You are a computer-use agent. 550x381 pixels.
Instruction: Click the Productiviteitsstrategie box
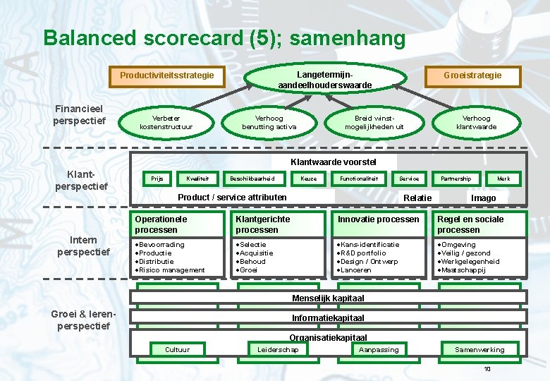point(167,75)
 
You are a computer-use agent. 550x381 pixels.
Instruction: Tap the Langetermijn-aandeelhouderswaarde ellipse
point(325,80)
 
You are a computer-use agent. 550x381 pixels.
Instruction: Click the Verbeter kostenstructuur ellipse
point(166,123)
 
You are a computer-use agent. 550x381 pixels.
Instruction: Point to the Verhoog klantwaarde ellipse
point(477,123)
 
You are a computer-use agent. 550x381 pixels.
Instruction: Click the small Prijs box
point(157,179)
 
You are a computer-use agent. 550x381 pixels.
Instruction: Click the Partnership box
point(456,179)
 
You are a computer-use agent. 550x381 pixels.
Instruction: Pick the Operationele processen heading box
point(178,224)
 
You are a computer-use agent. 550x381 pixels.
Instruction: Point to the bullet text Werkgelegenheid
point(469,262)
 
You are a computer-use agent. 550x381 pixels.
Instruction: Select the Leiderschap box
point(278,349)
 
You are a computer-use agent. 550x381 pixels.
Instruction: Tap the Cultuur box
point(177,349)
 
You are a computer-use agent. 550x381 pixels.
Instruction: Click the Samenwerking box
point(479,349)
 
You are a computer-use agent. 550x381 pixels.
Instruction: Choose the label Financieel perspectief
point(79,115)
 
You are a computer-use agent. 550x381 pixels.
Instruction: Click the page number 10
point(487,370)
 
